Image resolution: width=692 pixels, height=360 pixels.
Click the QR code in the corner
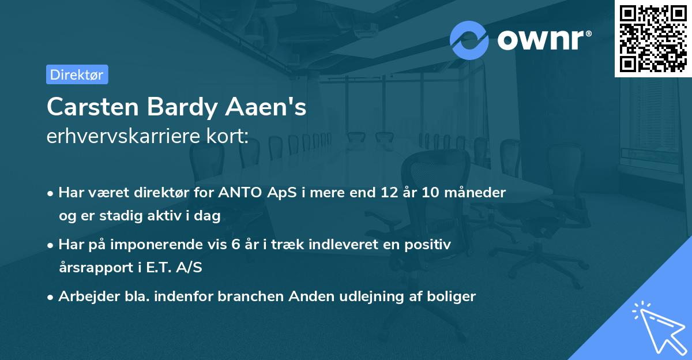click(652, 39)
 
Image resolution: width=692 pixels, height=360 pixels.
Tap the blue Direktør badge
click(77, 74)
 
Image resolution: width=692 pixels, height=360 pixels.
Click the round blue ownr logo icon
click(469, 40)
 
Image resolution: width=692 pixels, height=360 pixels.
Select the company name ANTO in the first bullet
click(238, 193)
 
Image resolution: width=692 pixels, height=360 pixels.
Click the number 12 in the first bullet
click(390, 193)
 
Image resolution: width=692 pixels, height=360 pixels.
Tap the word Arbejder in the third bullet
click(84, 297)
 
